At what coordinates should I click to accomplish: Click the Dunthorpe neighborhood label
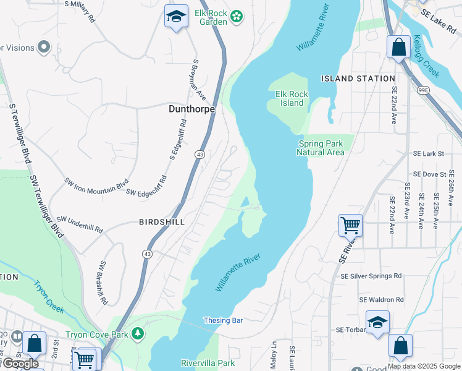tap(191, 109)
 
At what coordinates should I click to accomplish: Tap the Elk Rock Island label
tap(292, 98)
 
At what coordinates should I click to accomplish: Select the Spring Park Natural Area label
tap(320, 148)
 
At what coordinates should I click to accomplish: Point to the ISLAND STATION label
tap(358, 79)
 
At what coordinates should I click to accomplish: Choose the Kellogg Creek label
tap(427, 60)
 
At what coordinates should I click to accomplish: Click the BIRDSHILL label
tap(162, 221)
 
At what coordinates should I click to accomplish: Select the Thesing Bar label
tap(224, 320)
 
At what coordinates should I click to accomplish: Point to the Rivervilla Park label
tap(208, 363)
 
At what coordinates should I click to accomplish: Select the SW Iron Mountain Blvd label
tap(96, 184)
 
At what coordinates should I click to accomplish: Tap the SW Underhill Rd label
tap(80, 224)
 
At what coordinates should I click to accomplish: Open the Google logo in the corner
tap(20, 364)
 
